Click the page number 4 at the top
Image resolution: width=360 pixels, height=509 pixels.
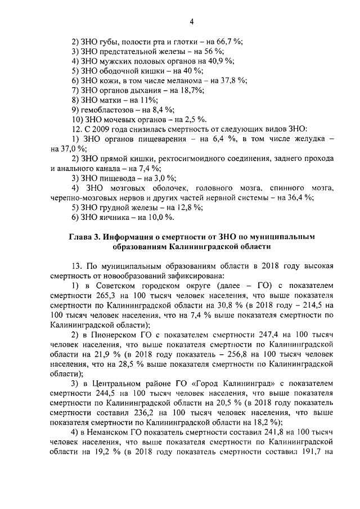(191, 21)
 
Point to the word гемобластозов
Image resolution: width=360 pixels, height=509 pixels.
(108, 109)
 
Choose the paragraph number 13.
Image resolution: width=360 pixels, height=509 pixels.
(76, 265)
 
